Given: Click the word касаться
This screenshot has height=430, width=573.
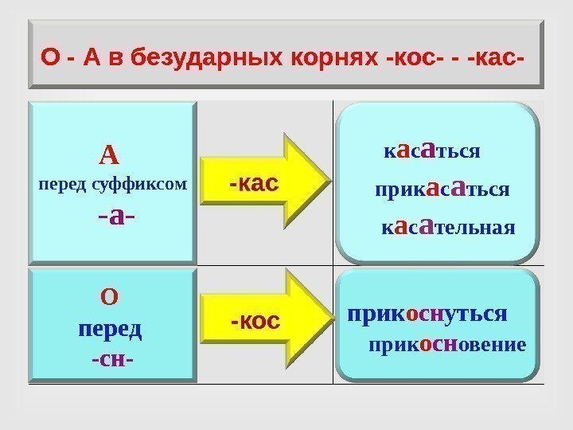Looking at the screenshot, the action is click(x=431, y=150).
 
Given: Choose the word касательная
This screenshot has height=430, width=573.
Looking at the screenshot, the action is click(x=448, y=229).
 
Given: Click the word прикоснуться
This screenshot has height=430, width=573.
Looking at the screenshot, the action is click(x=427, y=313).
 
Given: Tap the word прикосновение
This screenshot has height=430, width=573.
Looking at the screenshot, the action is click(x=446, y=345).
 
